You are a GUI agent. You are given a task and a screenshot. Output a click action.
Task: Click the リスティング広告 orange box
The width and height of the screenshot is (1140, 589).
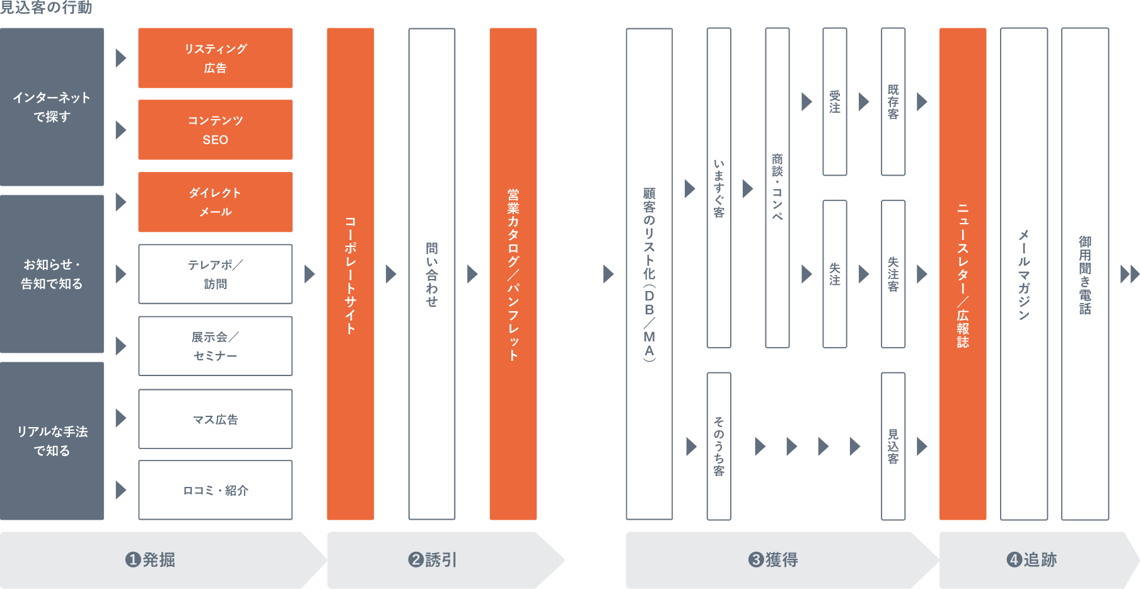pos(215,58)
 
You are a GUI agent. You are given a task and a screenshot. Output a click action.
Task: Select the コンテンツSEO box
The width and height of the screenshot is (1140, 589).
pos(215,130)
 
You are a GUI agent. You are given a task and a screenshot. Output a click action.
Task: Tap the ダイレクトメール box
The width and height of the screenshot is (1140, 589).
pos(215,202)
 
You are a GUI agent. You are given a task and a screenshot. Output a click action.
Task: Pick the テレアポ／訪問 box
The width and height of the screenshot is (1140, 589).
pos(215,274)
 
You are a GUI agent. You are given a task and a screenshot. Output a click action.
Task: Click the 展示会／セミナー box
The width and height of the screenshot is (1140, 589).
pos(215,346)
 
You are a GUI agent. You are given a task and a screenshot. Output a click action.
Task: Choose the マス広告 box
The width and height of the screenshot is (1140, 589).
pos(215,419)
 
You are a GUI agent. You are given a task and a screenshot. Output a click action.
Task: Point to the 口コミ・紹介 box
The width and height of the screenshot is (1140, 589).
pos(215,490)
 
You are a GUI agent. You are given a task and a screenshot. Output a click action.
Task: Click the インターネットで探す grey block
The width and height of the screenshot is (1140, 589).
pos(52,107)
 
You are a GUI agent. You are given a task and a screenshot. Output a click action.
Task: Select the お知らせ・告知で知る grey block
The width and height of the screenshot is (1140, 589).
pos(52,274)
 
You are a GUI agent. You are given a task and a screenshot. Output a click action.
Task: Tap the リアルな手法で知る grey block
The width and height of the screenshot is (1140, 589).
pos(52,441)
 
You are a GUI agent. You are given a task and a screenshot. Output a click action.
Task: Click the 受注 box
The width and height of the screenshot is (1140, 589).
pos(834,102)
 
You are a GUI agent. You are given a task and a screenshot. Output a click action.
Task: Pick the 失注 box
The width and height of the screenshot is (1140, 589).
pos(834,274)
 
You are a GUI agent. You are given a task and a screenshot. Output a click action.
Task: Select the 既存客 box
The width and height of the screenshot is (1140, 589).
pos(893,102)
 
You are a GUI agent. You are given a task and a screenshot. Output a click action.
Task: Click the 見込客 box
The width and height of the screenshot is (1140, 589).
pos(893,446)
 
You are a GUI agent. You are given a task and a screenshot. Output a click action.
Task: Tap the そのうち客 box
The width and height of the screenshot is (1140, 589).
pos(719,446)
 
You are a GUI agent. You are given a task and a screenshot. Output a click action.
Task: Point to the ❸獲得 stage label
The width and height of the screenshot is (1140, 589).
pos(774,559)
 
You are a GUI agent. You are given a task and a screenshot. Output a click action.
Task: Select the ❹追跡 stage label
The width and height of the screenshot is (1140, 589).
pos(1032,559)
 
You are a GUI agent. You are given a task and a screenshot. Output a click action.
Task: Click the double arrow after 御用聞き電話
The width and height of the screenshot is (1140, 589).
pos(1129,274)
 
